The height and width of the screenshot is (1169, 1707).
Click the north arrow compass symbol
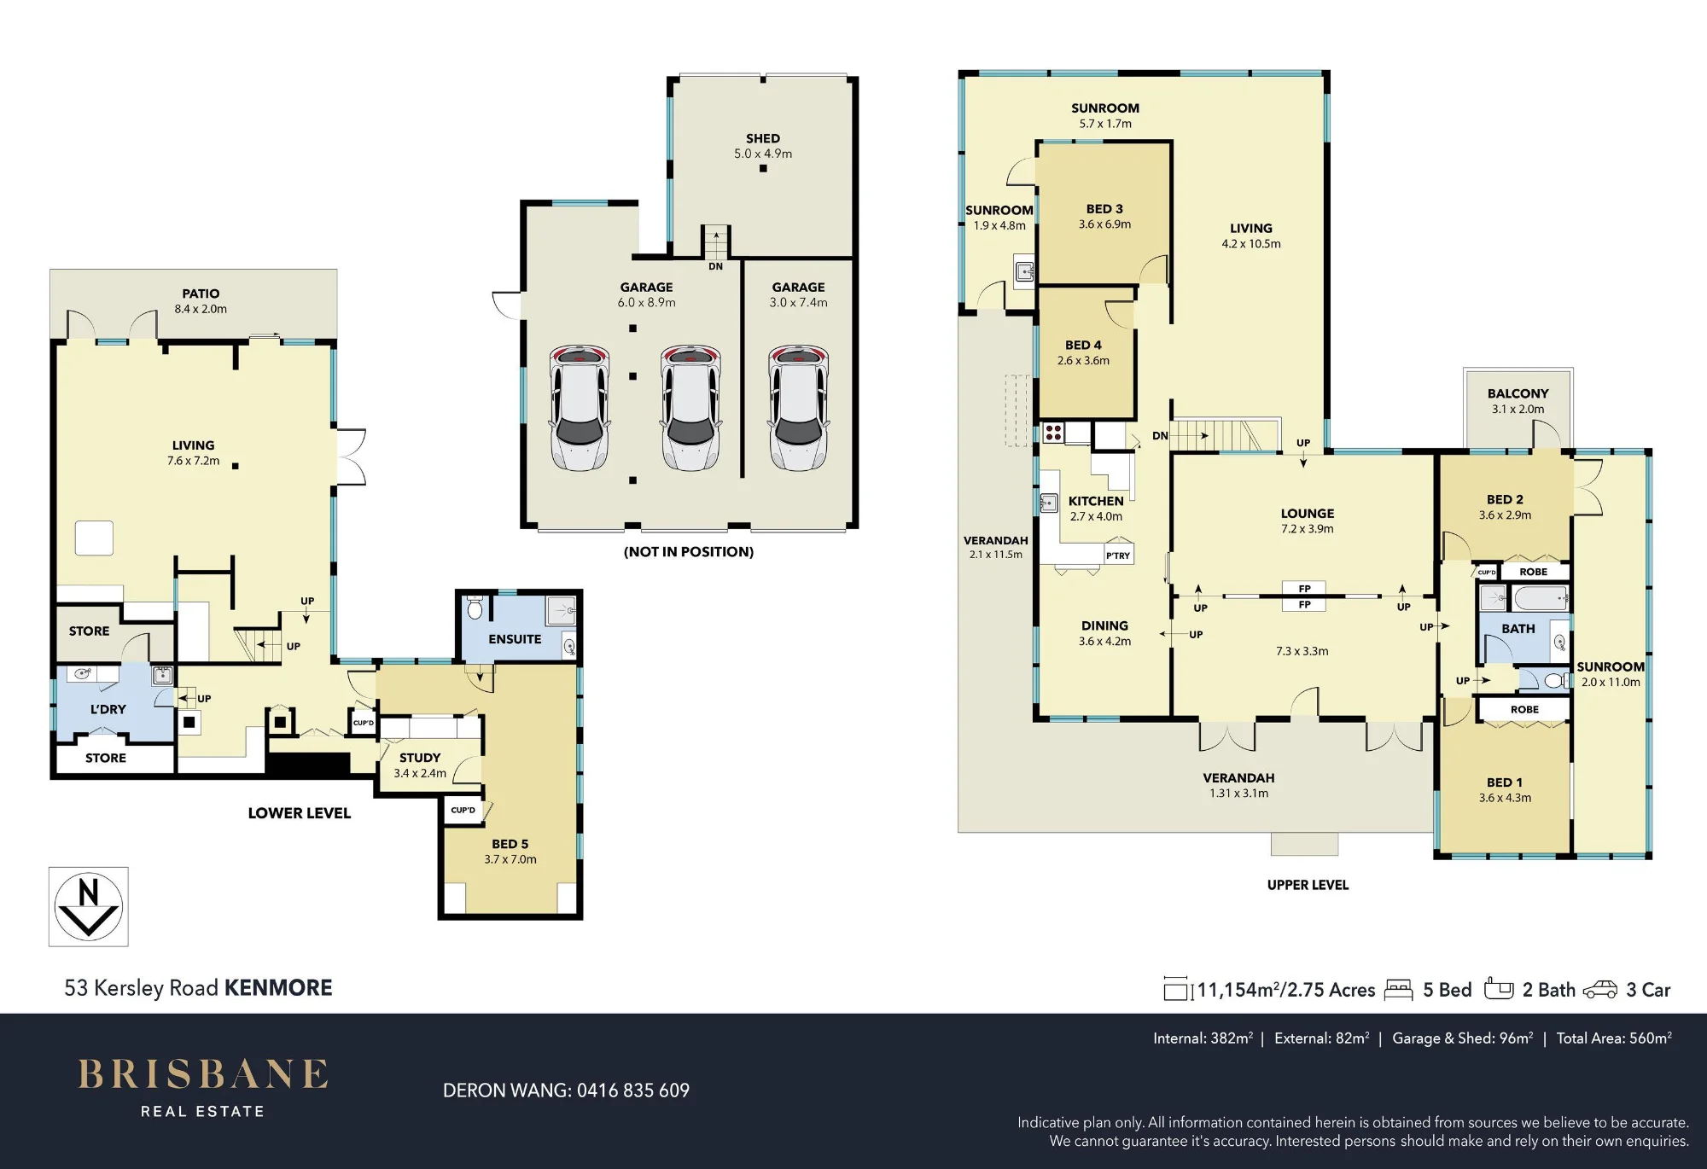[x=88, y=906]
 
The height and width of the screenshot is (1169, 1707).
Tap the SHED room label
[x=762, y=138]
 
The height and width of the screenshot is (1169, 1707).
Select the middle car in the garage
[x=690, y=407]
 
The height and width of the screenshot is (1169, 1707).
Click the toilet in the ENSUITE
[x=475, y=608]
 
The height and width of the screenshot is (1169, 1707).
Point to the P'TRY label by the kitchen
[x=1118, y=555]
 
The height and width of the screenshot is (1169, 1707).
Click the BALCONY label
[x=1518, y=393]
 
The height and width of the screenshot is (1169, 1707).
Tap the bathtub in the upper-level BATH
[x=1541, y=598]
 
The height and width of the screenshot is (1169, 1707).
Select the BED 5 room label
[x=510, y=844]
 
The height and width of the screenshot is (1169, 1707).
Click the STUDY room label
[x=420, y=758]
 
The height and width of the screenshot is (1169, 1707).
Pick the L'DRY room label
[x=108, y=709]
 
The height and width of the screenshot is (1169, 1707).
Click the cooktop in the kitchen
[x=1053, y=433]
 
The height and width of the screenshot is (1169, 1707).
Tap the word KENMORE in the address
[x=278, y=988]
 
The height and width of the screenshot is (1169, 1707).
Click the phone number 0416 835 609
[x=633, y=1090]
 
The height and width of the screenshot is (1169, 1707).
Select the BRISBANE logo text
[x=203, y=1074]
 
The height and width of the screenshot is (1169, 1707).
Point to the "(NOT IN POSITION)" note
[x=689, y=552]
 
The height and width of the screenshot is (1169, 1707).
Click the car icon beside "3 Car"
[x=1600, y=990]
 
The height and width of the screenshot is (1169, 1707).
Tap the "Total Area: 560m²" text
[x=1614, y=1038]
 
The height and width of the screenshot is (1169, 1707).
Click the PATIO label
[x=201, y=294]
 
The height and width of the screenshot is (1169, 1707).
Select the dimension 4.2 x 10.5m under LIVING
[x=1251, y=244]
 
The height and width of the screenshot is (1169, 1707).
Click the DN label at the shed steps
[x=715, y=266]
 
